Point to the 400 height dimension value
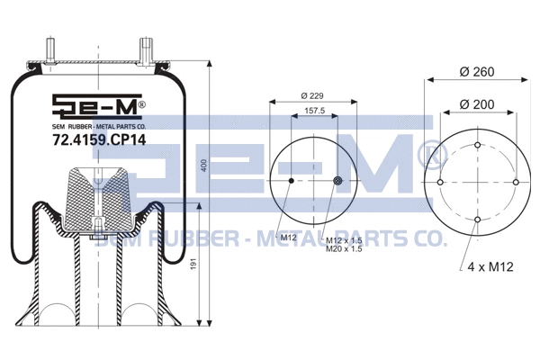(202, 167)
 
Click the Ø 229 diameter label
(313, 96)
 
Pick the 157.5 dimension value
(312, 113)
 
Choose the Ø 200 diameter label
(477, 104)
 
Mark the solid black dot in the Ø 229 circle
(291, 182)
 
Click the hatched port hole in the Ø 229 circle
(337, 182)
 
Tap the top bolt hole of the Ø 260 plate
(477, 145)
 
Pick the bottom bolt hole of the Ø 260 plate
(477, 220)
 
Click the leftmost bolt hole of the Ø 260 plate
(440, 183)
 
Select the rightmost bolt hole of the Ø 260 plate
(515, 183)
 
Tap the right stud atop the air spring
(144, 49)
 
